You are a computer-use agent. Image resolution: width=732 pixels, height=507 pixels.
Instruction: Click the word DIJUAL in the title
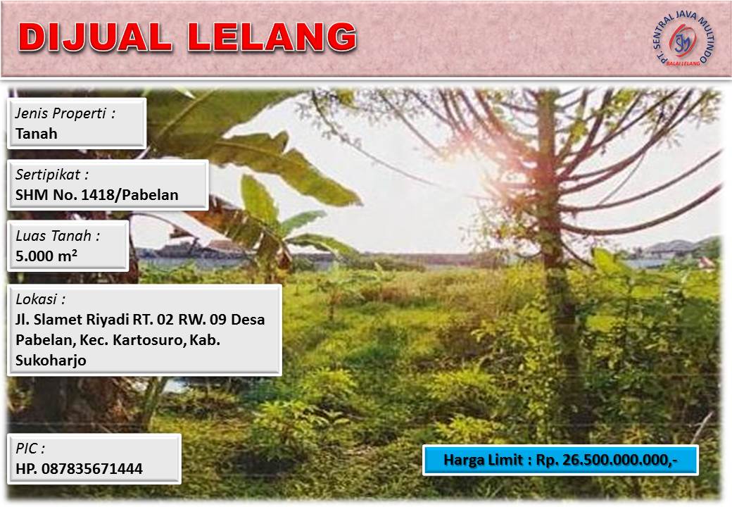(x=95, y=37)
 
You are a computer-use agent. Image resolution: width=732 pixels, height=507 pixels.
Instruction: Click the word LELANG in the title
(x=272, y=37)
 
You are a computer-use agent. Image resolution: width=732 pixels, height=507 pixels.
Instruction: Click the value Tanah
(x=37, y=134)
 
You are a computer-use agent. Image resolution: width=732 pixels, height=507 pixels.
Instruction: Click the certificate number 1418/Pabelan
(x=130, y=194)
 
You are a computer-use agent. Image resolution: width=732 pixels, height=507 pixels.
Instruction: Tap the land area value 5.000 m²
(x=46, y=256)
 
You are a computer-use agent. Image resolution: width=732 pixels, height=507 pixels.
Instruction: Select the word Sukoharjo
(x=51, y=361)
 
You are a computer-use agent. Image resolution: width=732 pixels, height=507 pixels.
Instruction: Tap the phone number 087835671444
(x=92, y=469)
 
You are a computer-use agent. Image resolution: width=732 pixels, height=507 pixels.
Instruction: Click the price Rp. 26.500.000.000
(x=606, y=461)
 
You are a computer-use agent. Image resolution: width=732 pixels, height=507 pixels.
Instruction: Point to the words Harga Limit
(x=483, y=461)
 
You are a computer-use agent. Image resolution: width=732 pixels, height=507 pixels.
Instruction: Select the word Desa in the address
(x=248, y=319)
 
